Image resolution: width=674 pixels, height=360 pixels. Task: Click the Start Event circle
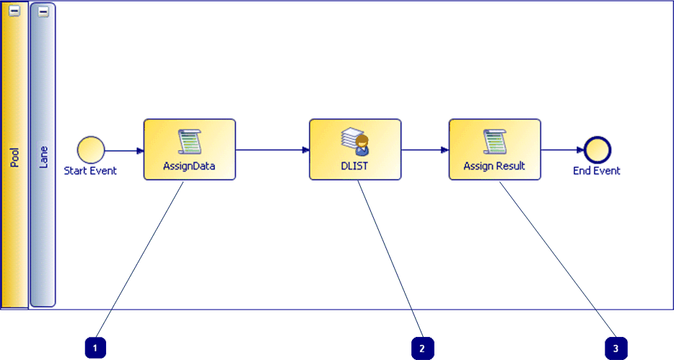(x=91, y=150)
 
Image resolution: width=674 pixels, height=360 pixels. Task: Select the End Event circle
(x=597, y=150)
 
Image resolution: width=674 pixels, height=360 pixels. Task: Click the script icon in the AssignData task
(x=190, y=141)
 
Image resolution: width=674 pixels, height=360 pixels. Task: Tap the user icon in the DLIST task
(x=355, y=141)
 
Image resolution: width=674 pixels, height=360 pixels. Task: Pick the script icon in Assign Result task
(x=495, y=141)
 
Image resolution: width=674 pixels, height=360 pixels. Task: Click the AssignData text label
(x=190, y=166)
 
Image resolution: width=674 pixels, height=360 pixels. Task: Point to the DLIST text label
(x=355, y=166)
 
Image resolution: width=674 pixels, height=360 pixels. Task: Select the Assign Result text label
(x=495, y=166)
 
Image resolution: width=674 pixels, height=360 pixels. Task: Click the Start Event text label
(x=91, y=171)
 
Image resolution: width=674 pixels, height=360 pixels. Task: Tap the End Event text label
(x=597, y=171)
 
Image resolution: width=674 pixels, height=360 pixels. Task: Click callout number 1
(x=95, y=348)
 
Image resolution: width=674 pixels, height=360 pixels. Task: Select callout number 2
(x=423, y=348)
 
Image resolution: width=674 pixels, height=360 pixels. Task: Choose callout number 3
(x=616, y=348)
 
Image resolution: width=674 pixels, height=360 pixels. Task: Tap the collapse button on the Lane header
(x=43, y=12)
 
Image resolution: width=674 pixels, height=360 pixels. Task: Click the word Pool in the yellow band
(x=14, y=157)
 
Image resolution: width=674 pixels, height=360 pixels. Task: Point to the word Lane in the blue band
(x=43, y=158)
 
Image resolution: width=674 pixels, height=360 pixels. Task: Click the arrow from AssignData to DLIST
(x=272, y=150)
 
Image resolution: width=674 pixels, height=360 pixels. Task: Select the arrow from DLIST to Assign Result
(x=425, y=150)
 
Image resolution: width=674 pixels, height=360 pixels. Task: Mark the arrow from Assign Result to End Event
(x=562, y=150)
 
